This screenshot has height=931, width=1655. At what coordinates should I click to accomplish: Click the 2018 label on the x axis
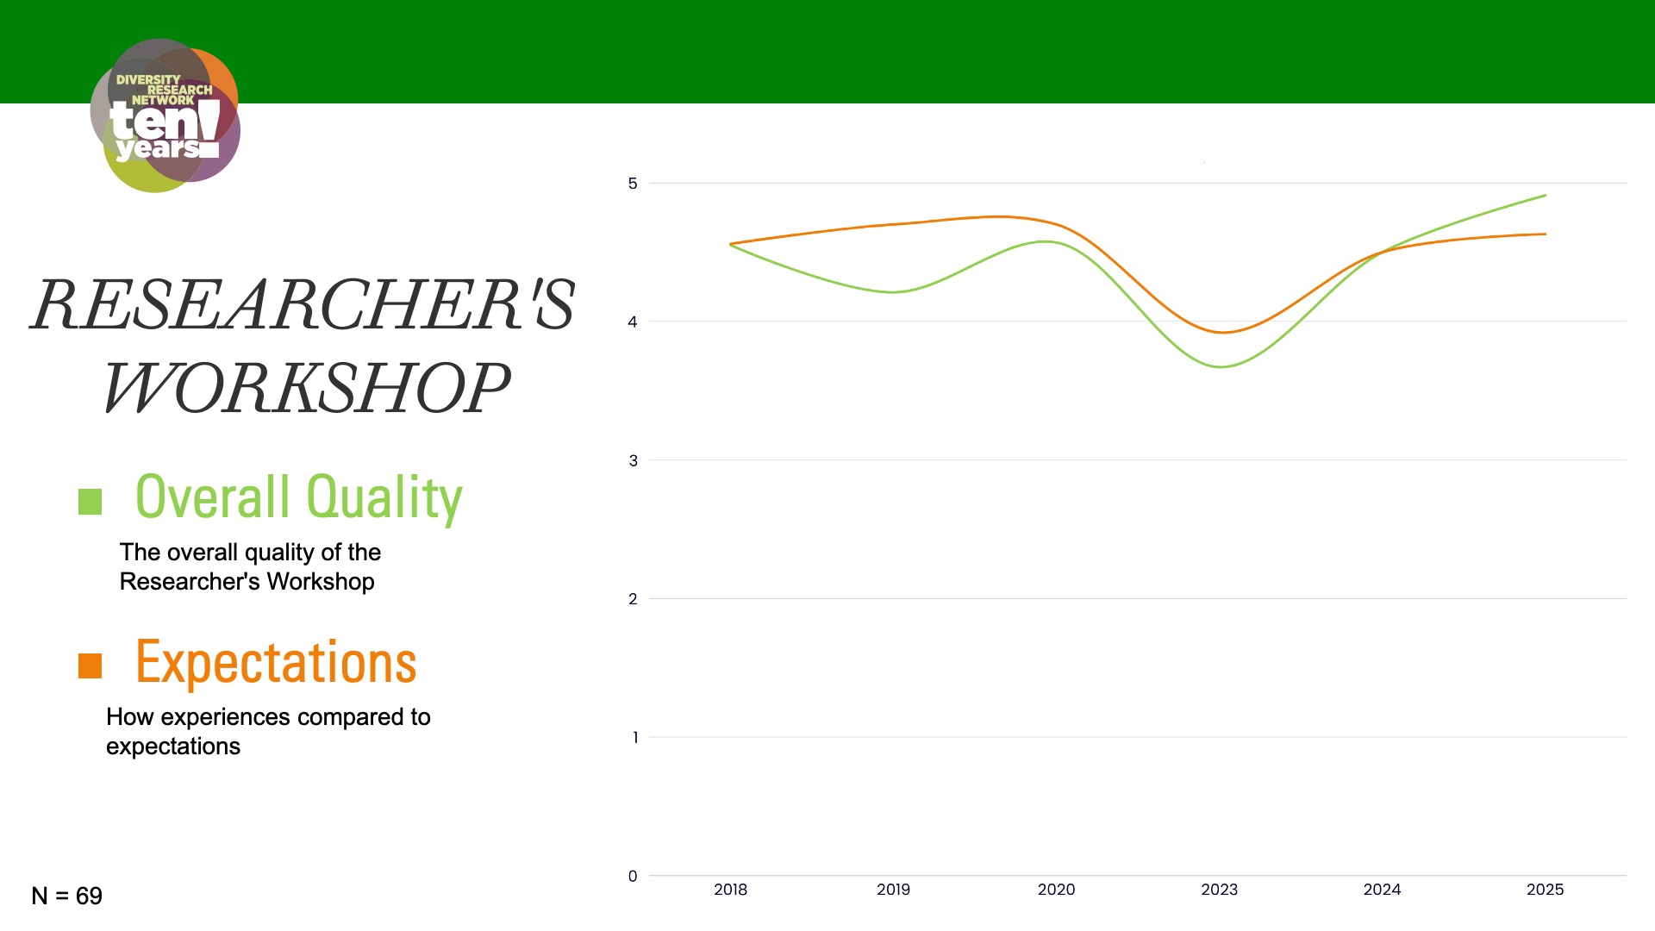(730, 890)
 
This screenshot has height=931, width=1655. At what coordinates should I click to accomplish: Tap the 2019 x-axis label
(893, 890)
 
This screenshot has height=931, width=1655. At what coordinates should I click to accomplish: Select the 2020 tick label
(1056, 890)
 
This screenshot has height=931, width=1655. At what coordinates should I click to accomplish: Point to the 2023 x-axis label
(1219, 890)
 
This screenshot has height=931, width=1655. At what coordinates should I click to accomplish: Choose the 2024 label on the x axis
(1382, 890)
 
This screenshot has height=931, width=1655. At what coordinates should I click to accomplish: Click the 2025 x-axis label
(1545, 890)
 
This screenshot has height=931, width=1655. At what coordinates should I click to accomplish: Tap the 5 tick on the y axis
(633, 184)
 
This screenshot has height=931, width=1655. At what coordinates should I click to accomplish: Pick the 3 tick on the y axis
(633, 461)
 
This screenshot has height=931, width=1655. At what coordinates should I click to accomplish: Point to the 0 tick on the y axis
(633, 877)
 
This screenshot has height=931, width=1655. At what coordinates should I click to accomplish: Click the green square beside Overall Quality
(91, 502)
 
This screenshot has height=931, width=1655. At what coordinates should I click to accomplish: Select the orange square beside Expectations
(91, 665)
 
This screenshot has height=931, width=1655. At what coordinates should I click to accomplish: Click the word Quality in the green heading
(384, 497)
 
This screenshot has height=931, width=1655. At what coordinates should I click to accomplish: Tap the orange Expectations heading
(276, 663)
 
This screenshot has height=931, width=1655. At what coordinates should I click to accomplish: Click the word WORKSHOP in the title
(307, 388)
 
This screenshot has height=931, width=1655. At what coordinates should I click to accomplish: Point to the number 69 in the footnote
(89, 897)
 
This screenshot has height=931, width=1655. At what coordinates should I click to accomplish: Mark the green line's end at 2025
(1545, 196)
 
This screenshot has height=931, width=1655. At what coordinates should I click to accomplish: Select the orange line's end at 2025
(1545, 234)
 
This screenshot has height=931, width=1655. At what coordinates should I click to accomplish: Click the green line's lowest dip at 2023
(1221, 367)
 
